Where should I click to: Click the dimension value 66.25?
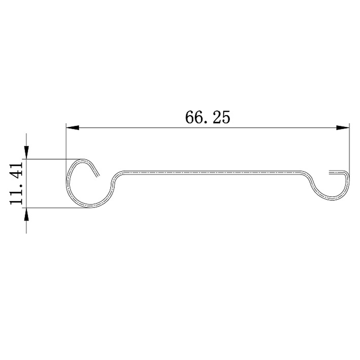[x=207, y=117]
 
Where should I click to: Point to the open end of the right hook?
[x=330, y=172]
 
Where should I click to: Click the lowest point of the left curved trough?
[x=90, y=207]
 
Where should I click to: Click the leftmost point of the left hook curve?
[x=67, y=184]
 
